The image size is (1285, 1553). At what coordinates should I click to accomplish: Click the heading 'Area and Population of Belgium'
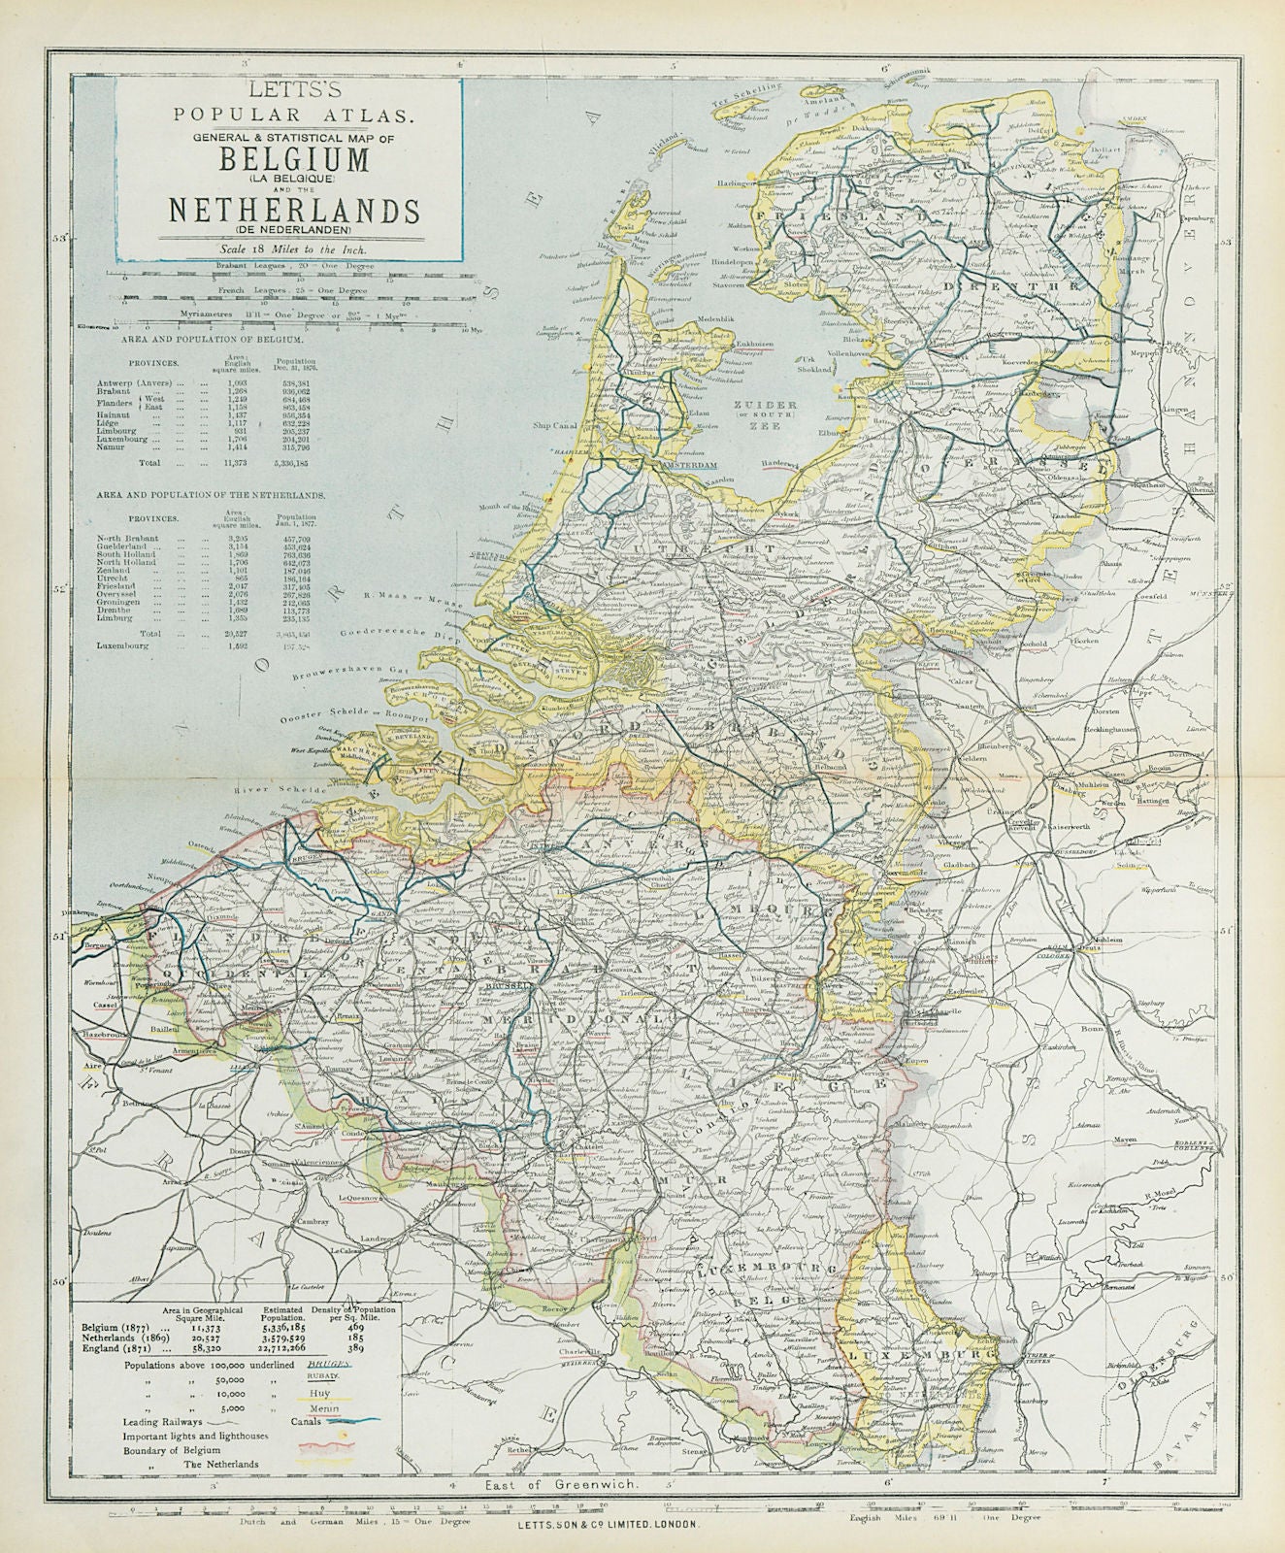tap(212, 342)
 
